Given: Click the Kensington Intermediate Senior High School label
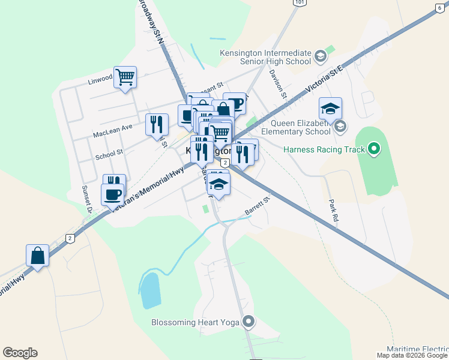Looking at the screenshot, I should point(265,57).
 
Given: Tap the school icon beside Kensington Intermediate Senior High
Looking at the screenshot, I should point(320,56).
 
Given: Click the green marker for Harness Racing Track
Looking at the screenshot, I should point(374,148).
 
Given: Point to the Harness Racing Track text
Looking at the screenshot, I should point(323,149).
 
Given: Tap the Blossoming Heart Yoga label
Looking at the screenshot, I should point(195,322).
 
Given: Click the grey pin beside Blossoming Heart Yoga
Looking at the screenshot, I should point(249,322).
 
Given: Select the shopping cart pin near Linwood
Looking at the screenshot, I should point(125,77).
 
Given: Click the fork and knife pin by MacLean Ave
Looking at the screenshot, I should point(156,124).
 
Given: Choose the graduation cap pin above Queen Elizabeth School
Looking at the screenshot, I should point(330,108).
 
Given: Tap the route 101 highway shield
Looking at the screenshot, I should point(300,3).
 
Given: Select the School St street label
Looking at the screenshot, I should point(109,155).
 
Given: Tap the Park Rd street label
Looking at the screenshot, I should point(334,211).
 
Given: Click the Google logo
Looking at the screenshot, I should point(20,353).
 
